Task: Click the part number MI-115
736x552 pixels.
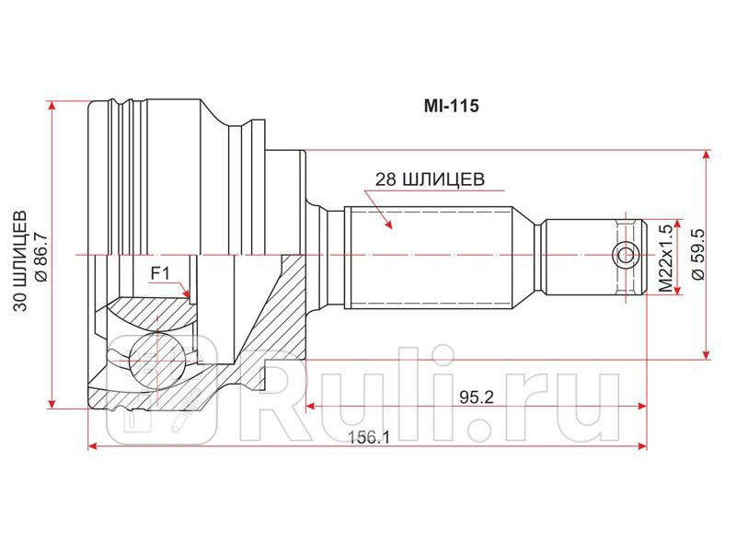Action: coord(451,106)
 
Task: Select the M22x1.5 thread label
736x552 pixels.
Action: coord(665,259)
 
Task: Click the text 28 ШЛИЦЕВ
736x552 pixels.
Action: coord(429,180)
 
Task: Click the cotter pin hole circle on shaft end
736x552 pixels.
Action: coord(627,255)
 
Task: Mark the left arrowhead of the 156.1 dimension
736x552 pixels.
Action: coord(92,446)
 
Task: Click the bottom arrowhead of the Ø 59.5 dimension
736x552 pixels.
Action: coord(707,354)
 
